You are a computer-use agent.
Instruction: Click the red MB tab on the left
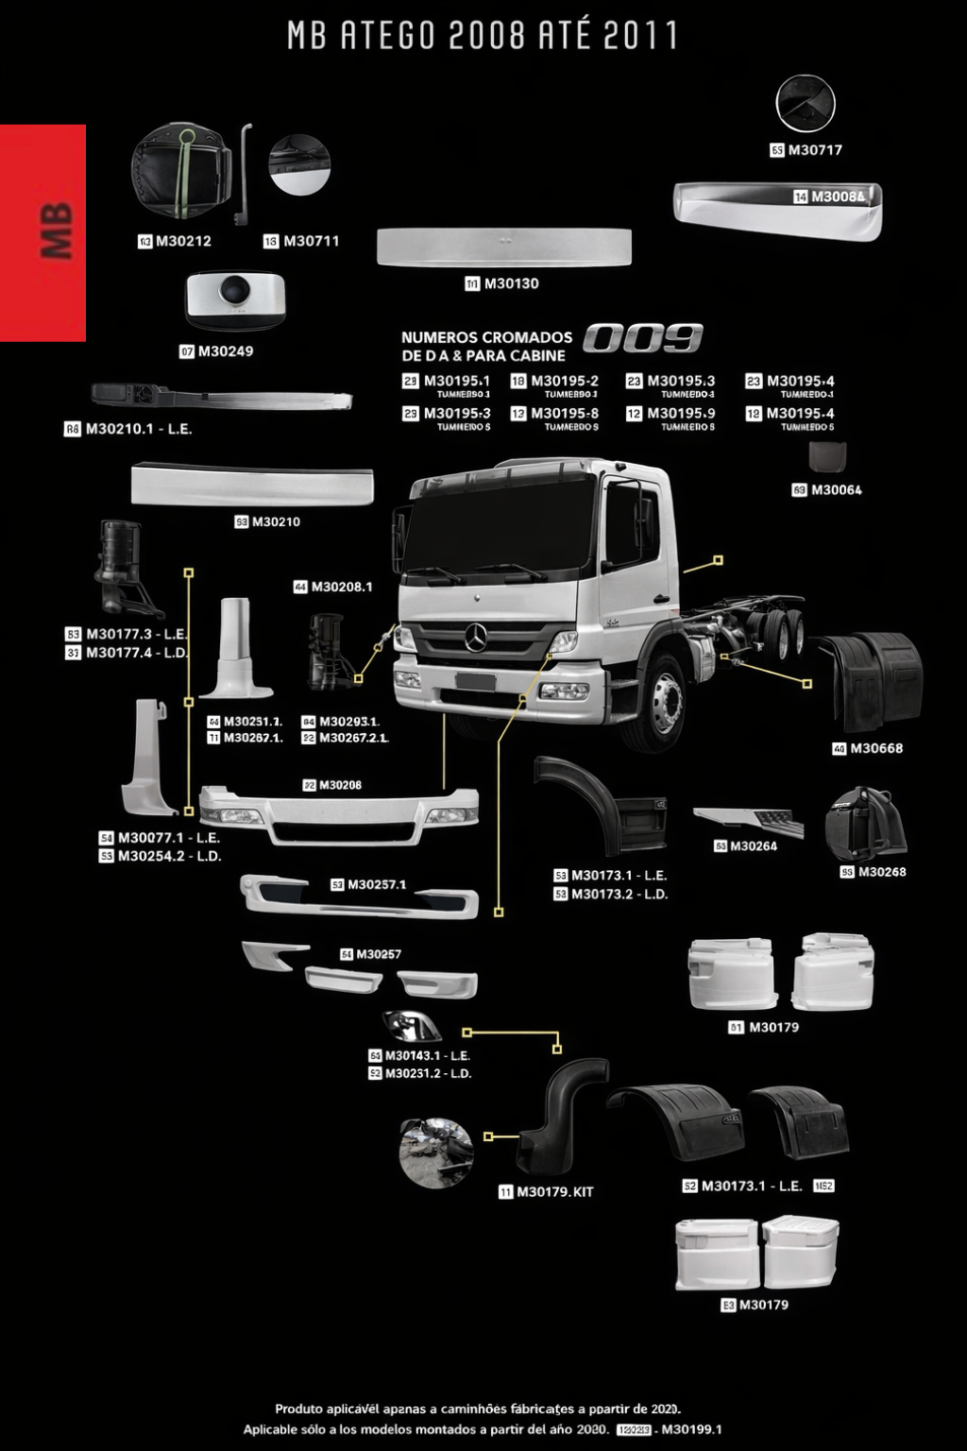pos(43,232)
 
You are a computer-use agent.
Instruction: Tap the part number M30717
pos(814,149)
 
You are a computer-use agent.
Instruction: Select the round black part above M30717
pos(806,103)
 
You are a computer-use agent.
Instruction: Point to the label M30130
pos(511,283)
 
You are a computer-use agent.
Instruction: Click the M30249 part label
pos(225,351)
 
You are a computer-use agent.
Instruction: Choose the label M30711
pos(311,241)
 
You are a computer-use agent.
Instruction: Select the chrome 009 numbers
pos(643,338)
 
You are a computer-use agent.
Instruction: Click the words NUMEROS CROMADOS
pos(486,337)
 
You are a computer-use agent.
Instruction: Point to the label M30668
pos(875,748)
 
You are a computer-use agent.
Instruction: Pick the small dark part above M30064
pos(827,457)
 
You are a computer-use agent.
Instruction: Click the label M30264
pos(753,846)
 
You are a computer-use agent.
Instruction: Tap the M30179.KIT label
pos(554,1192)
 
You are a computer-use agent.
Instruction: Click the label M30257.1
pos(376,885)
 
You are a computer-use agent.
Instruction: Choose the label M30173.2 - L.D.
pos(619,894)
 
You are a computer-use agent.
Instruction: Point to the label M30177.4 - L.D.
pos(137,653)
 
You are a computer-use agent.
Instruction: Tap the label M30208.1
pos(341,587)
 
